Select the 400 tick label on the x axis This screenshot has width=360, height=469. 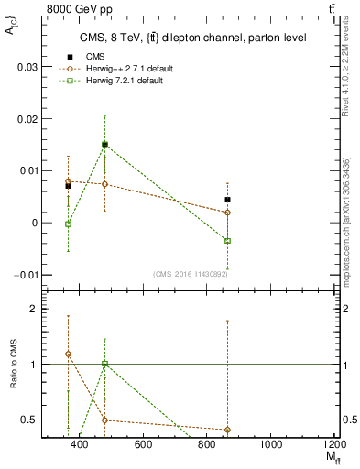tap(79, 444)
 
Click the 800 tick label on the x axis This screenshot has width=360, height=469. tap(207, 444)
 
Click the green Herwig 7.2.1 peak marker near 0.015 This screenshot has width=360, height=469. tap(105, 145)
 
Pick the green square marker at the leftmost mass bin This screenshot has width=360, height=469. tap(68, 224)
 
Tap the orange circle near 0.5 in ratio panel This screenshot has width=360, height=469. tap(105, 420)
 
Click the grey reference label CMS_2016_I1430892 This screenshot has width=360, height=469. tap(190, 274)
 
